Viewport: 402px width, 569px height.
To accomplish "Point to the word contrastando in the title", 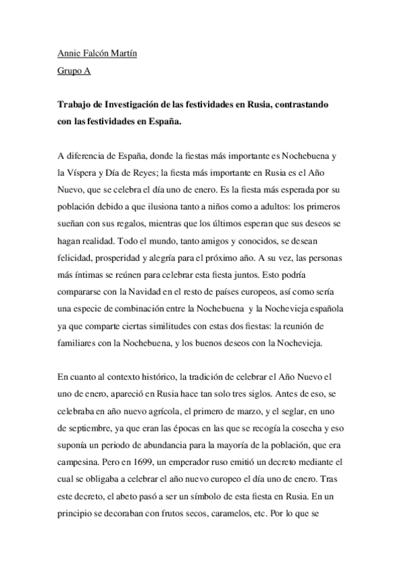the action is (x=305, y=105).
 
